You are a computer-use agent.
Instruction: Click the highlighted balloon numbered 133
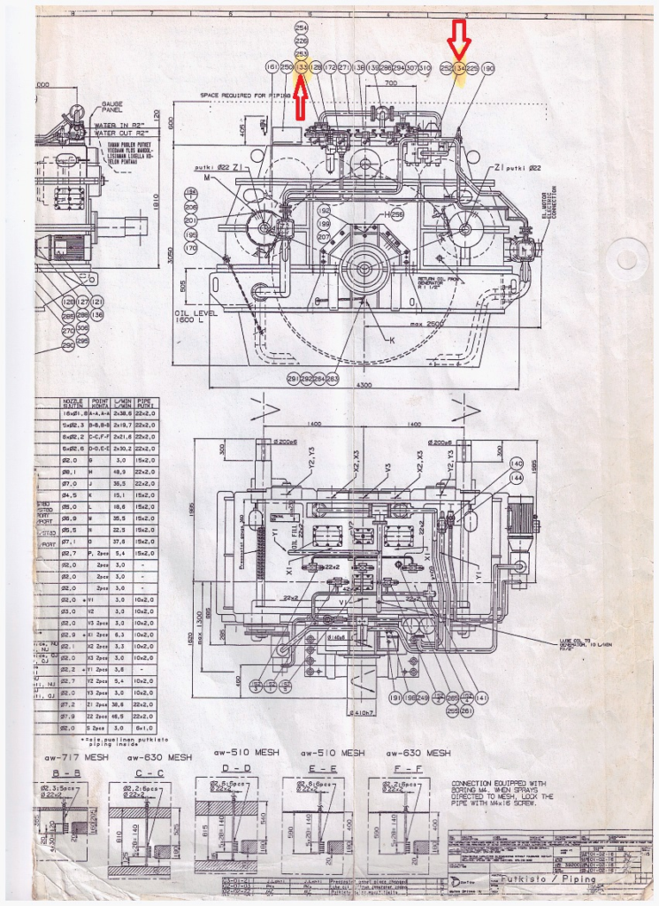click(x=301, y=67)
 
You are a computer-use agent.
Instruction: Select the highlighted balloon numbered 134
click(x=459, y=67)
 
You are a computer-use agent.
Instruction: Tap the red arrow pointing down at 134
click(x=458, y=40)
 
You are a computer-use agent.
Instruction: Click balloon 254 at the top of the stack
click(x=301, y=27)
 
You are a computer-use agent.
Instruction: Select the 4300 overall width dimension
click(x=364, y=388)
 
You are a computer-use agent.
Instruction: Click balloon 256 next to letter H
click(x=397, y=215)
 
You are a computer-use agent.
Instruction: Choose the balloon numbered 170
click(x=191, y=249)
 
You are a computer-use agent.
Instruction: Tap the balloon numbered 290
click(x=67, y=346)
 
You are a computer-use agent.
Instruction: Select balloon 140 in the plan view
click(x=517, y=464)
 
